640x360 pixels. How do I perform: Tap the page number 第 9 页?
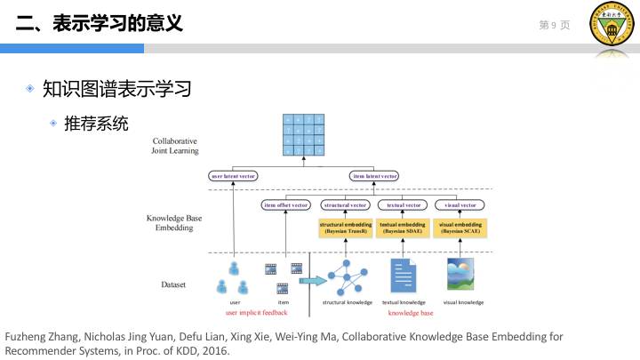[554, 25]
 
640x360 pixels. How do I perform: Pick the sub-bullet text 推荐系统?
[96, 123]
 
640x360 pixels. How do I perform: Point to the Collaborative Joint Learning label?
[175, 146]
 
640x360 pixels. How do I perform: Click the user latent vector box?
[233, 176]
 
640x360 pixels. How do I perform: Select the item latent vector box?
[374, 176]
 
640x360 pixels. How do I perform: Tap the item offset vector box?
[285, 205]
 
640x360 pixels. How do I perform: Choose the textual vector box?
[403, 205]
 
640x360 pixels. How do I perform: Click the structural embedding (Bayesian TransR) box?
[346, 228]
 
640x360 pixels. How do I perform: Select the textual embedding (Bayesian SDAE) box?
[403, 228]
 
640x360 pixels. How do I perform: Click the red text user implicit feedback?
[257, 313]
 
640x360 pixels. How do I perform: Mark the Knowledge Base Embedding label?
[175, 222]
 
